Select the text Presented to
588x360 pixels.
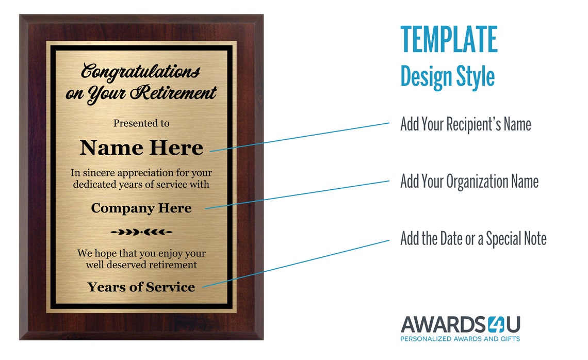(x=141, y=123)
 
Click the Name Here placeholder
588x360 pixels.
(x=141, y=148)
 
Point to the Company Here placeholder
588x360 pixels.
(x=141, y=208)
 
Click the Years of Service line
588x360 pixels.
(x=141, y=287)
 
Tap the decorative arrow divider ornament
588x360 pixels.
(x=141, y=233)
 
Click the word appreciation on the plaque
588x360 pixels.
(x=145, y=173)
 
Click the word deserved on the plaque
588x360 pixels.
(x=127, y=265)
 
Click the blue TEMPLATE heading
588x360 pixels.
(x=449, y=40)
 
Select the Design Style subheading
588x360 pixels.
(x=447, y=76)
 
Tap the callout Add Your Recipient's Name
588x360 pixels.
(x=465, y=124)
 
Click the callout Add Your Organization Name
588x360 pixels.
(x=469, y=182)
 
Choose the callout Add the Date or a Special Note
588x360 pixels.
(x=473, y=239)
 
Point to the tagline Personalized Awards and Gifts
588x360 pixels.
(x=460, y=339)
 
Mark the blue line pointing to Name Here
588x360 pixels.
(x=299, y=137)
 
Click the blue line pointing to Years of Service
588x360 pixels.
(x=297, y=264)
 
